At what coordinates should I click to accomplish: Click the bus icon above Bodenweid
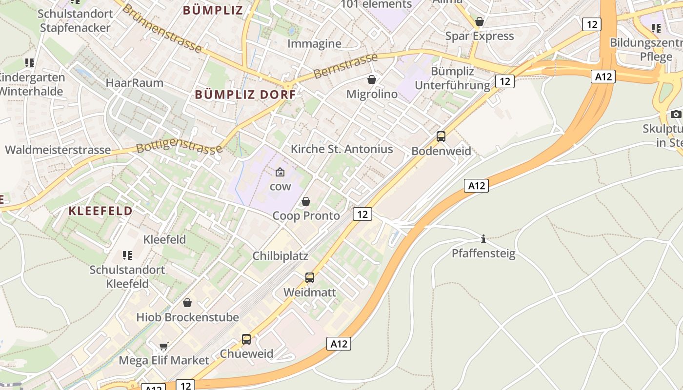point(441,136)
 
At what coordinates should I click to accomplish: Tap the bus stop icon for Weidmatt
point(310,278)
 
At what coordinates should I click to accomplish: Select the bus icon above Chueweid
point(246,339)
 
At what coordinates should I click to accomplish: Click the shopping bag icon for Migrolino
point(372,79)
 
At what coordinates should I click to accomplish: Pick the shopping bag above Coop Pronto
point(306,201)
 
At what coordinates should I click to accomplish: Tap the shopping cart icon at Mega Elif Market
point(164,346)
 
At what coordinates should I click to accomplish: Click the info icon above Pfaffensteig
point(483,239)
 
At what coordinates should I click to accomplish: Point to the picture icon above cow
point(280,172)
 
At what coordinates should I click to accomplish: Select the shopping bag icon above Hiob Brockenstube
point(187,303)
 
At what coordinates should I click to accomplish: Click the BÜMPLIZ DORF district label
point(245,95)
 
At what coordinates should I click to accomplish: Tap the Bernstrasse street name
point(345,66)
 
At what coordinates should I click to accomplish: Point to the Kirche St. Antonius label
point(341,149)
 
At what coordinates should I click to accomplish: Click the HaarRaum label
point(135,82)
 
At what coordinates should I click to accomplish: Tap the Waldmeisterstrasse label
point(58,150)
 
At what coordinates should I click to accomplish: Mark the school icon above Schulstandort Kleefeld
point(127,255)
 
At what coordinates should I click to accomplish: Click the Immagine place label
point(314,43)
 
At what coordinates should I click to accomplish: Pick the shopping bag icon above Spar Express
point(480,22)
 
